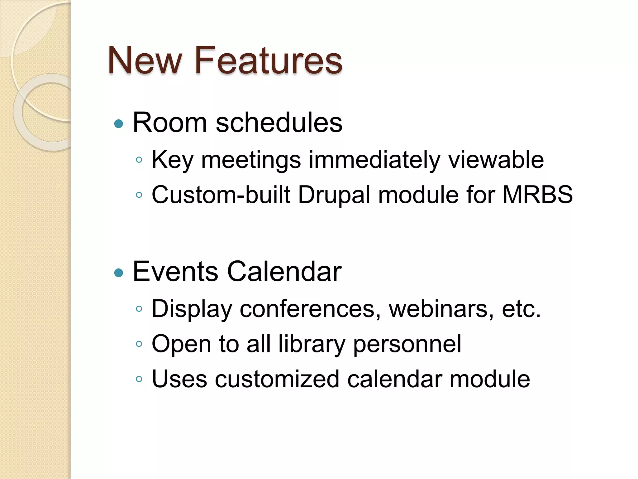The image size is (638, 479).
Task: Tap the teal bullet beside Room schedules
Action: pos(119,124)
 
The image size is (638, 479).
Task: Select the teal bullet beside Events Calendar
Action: pos(119,273)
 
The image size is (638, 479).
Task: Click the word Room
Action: pos(169,123)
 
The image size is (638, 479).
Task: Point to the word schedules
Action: pos(279,123)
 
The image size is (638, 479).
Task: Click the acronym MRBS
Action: pos(537,195)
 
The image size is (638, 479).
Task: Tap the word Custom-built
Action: pos(221,195)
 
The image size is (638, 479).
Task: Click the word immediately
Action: pos(374,160)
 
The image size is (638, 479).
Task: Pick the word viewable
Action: pos(496,159)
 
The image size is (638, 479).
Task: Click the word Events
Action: pos(175,271)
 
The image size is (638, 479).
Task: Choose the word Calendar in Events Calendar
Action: pos(284,271)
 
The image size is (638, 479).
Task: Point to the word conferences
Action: pos(310,309)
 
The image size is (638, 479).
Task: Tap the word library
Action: pos(312,344)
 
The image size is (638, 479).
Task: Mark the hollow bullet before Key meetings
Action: pos(139,160)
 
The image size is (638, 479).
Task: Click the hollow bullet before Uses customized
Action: pos(139,380)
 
